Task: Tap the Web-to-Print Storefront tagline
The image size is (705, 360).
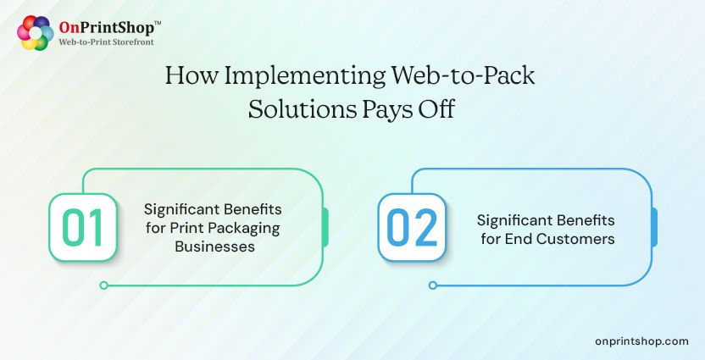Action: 106,42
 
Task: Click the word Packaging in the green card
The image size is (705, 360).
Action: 249,228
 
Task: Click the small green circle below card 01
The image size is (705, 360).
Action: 103,285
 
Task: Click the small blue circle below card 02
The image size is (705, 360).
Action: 433,285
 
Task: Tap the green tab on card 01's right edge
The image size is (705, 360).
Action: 325,227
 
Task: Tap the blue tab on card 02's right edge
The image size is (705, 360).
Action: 654,227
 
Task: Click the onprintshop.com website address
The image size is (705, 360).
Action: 641,340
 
